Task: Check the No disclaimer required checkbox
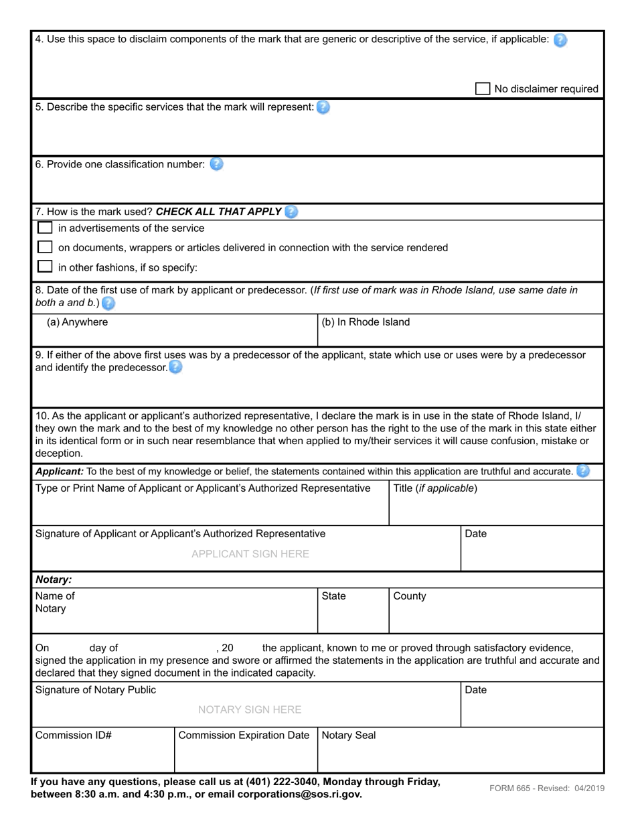pyautogui.click(x=482, y=88)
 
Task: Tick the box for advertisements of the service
pyautogui.click(x=45, y=228)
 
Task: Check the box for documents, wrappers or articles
pyautogui.click(x=45, y=247)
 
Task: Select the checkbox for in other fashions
pyautogui.click(x=45, y=267)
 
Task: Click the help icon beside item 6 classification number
pyautogui.click(x=216, y=164)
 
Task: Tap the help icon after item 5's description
pyautogui.click(x=323, y=107)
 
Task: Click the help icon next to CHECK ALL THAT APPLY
pyautogui.click(x=291, y=212)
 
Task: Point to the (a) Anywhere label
pyautogui.click(x=77, y=322)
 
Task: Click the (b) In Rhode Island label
pyautogui.click(x=366, y=322)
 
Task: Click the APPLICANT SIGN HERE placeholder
pyautogui.click(x=250, y=554)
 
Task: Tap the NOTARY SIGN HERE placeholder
pyautogui.click(x=250, y=709)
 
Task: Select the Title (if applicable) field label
pyautogui.click(x=435, y=488)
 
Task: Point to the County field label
pyautogui.click(x=410, y=596)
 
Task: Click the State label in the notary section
pyautogui.click(x=333, y=596)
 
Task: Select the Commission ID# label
pyautogui.click(x=73, y=736)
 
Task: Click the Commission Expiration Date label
pyautogui.click(x=244, y=736)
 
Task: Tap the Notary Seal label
pyautogui.click(x=349, y=736)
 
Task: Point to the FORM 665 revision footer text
pyautogui.click(x=546, y=788)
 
